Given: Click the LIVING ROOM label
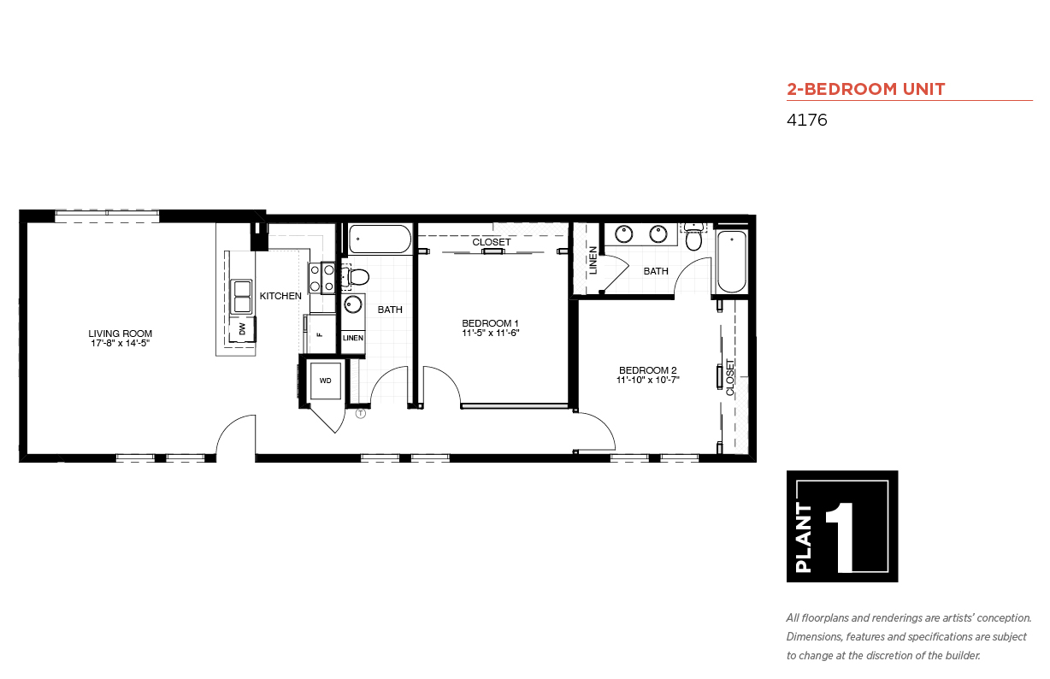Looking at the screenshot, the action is pyautogui.click(x=120, y=334).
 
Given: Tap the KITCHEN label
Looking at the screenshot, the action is pyautogui.click(x=280, y=296).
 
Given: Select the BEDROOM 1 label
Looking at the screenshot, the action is pyautogui.click(x=490, y=323).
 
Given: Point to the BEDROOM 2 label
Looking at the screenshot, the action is pyautogui.click(x=647, y=370).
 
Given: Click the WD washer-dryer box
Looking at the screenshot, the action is pyautogui.click(x=325, y=381).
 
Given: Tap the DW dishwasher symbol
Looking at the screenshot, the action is pyautogui.click(x=242, y=329).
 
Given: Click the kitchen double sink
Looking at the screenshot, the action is pyautogui.click(x=242, y=297).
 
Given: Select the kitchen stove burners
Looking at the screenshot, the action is pyautogui.click(x=321, y=278).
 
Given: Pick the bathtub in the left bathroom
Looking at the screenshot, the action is pyautogui.click(x=380, y=239).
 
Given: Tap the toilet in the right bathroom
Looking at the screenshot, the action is pyautogui.click(x=693, y=237).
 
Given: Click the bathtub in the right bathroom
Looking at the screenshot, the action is pyautogui.click(x=731, y=261).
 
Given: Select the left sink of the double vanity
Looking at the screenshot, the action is pyautogui.click(x=624, y=234).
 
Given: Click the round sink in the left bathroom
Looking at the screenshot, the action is pyautogui.click(x=353, y=305).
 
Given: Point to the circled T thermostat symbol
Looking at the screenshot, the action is pyautogui.click(x=361, y=413).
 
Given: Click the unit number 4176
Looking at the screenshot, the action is pyautogui.click(x=806, y=120).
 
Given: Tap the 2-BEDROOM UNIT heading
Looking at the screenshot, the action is pyautogui.click(x=866, y=89).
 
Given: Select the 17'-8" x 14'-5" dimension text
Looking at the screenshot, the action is pyautogui.click(x=120, y=343).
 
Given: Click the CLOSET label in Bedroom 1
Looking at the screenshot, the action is pyautogui.click(x=492, y=242).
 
